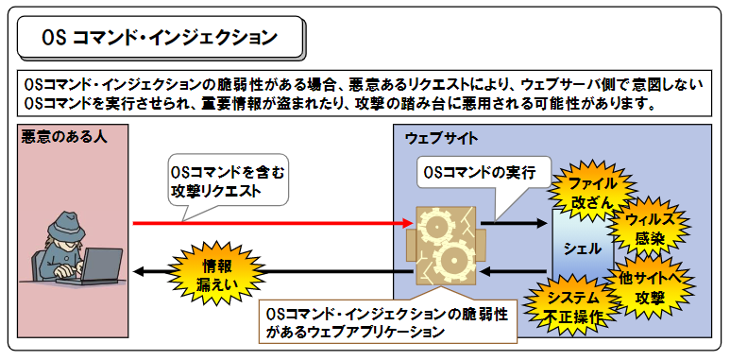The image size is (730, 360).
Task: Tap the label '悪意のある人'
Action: click(63, 137)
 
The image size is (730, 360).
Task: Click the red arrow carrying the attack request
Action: click(274, 224)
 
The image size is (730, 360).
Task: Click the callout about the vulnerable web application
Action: click(385, 321)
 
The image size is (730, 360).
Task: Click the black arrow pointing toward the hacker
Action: click(274, 273)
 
